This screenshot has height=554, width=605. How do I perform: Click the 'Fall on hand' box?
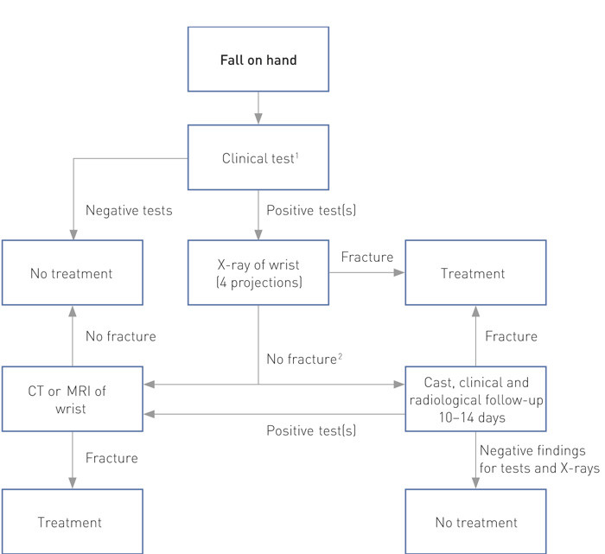pos(258,61)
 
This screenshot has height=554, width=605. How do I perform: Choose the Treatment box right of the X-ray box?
pos(476,274)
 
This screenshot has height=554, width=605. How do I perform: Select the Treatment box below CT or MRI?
pos(72,522)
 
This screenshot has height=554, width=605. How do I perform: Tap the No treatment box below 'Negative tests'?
pos(72,274)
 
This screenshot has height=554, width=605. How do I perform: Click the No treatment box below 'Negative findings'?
pos(476,522)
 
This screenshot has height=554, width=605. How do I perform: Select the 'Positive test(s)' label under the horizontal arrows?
pos(310,430)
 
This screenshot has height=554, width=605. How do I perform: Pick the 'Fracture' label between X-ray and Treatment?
pos(366,258)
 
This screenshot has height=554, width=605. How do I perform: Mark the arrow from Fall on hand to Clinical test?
pos(258,110)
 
